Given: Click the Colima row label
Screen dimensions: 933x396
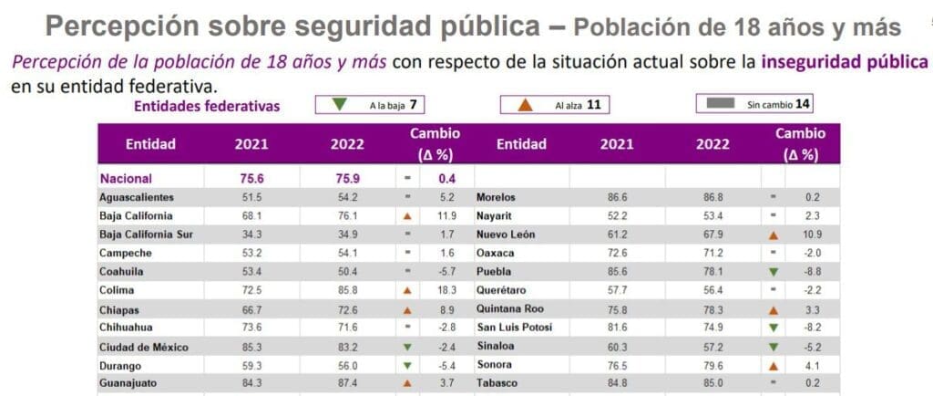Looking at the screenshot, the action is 118,290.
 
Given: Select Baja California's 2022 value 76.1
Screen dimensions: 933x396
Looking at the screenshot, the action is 347,215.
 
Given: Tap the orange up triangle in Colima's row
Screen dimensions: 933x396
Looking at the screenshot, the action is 407,291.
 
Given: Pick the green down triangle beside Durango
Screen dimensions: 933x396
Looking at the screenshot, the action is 407,366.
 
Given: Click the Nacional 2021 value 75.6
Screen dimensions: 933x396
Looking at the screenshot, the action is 251,178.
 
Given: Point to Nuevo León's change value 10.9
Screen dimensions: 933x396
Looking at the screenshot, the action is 812,234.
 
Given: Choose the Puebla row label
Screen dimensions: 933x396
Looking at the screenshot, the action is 491,272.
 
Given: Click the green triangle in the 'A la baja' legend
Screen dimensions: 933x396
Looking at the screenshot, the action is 339,105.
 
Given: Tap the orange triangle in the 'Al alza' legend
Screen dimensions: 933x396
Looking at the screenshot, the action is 525,106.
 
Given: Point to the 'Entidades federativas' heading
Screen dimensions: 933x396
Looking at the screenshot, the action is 207,107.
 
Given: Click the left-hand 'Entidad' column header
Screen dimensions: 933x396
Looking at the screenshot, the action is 150,144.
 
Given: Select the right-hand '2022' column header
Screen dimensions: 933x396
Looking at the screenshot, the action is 713,144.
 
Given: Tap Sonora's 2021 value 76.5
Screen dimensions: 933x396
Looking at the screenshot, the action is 617,364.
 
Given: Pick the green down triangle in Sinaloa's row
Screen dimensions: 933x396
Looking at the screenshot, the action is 774,347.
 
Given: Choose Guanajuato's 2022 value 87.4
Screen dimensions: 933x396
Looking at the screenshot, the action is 347,383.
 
